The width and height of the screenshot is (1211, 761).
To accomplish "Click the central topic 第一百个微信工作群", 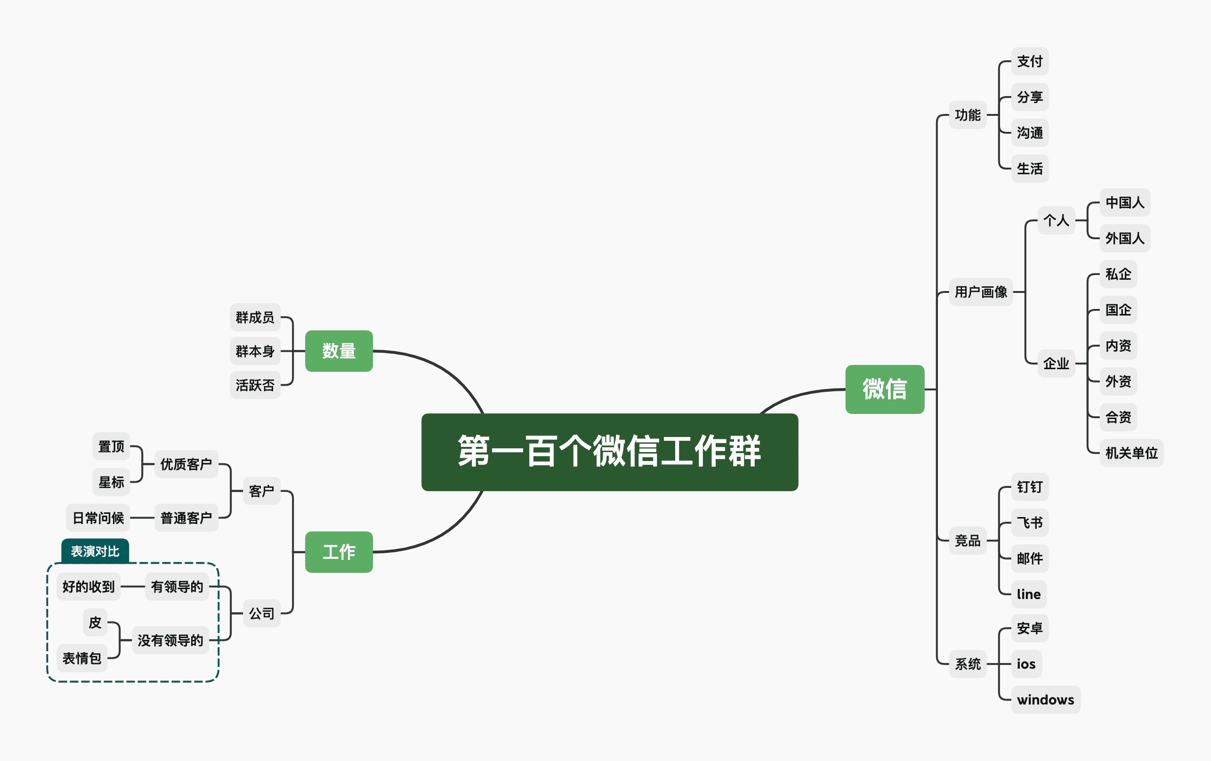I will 610,452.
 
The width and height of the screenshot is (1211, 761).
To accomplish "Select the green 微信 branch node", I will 885,389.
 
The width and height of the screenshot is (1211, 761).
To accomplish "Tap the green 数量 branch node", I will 339,351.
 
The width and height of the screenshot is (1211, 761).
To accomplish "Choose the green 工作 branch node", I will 339,552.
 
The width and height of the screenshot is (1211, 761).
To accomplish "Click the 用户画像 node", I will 981,291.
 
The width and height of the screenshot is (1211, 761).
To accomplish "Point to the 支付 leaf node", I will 1029,61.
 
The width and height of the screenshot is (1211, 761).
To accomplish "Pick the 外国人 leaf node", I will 1124,238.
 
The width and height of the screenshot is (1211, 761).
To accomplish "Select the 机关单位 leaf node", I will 1131,453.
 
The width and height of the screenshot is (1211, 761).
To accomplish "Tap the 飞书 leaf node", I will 1029,523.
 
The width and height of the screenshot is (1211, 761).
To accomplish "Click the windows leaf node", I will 1045,700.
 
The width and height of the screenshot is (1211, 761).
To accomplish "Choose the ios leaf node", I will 1026,664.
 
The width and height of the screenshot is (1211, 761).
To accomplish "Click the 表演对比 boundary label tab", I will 95,551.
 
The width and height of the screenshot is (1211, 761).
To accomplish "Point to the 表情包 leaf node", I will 82,658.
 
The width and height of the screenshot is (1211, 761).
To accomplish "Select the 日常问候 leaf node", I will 98,518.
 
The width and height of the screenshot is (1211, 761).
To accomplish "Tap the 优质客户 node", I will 186,464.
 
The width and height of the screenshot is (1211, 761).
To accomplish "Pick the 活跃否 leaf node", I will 255,385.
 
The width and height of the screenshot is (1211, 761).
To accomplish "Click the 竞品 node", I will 968,541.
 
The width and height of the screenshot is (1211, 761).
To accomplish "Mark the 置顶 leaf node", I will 111,446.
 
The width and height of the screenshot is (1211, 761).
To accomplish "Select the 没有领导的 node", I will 170,640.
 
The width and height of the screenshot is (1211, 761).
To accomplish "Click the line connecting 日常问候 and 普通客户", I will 142,518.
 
